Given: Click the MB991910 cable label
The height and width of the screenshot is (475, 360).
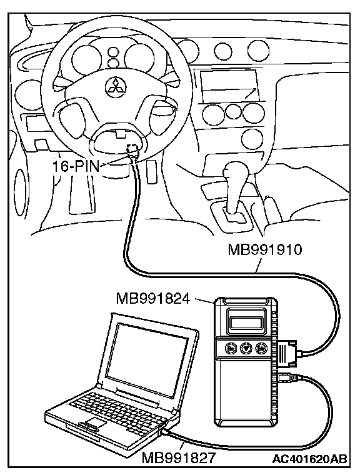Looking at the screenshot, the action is [265, 250].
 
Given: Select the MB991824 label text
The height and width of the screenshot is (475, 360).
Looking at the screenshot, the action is [153, 299].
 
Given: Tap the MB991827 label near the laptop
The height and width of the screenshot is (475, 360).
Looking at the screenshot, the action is [179, 457].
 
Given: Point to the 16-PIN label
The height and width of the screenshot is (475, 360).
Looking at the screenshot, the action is [76, 166].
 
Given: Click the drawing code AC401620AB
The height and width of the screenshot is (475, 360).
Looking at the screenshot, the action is [309, 459].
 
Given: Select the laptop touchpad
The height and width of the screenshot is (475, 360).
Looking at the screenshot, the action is [94, 422].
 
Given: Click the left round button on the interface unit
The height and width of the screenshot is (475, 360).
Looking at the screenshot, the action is [231, 348].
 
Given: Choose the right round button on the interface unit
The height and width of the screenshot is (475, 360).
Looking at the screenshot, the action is [261, 348].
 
